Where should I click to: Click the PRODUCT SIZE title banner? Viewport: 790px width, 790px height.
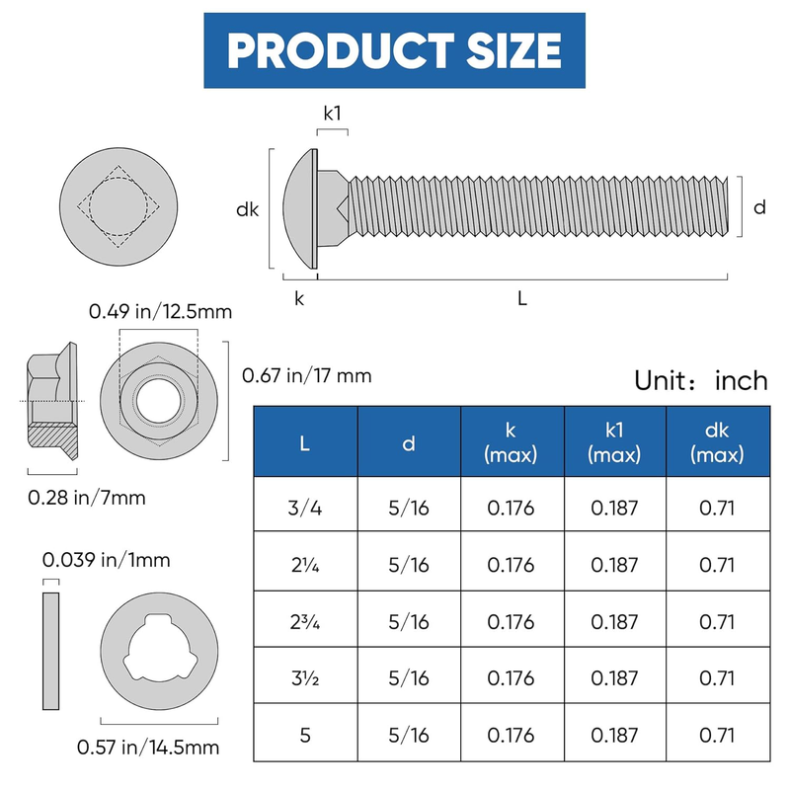[394, 50]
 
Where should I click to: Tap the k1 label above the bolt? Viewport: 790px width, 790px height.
[333, 114]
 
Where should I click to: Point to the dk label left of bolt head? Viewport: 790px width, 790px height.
[248, 209]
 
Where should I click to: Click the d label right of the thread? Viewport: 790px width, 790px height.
[759, 207]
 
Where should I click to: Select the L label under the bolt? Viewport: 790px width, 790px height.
[522, 298]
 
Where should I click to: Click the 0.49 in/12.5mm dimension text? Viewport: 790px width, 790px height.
[160, 311]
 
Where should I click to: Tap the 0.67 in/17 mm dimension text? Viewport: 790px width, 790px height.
[307, 375]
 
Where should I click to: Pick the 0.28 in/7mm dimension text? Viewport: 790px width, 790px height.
[87, 498]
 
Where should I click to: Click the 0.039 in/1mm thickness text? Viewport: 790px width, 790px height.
[107, 560]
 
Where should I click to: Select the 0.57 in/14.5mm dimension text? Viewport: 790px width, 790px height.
[148, 747]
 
